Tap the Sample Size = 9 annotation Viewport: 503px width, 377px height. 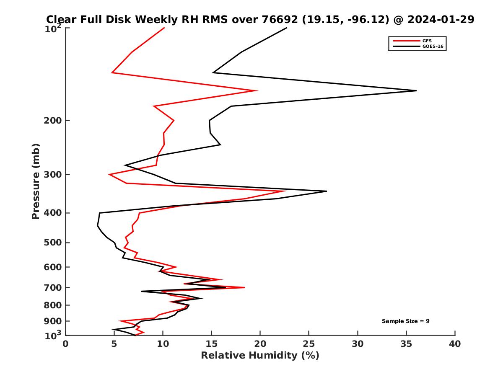click(405, 321)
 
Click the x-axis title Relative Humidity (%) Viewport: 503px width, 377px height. click(260, 356)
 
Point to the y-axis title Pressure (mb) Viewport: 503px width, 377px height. click(36, 181)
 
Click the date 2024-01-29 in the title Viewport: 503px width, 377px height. click(441, 19)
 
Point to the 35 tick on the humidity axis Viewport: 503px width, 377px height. click(406, 344)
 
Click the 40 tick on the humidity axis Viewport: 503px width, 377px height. click(455, 344)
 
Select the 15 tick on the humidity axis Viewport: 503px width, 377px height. click(211, 344)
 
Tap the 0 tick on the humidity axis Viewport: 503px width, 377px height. click(66, 344)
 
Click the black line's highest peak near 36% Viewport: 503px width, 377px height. click(416, 90)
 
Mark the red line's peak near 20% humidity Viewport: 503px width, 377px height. click(257, 90)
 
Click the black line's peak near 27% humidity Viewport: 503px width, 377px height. click(326, 191)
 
